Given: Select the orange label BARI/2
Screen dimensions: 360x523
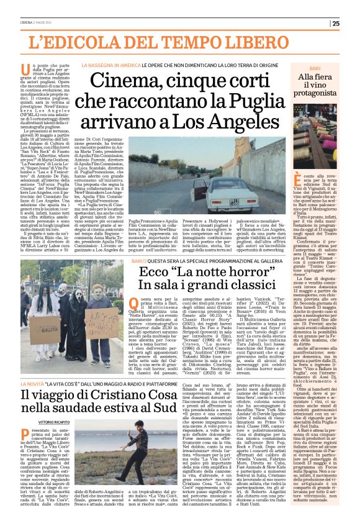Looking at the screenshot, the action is pos(140,261).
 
